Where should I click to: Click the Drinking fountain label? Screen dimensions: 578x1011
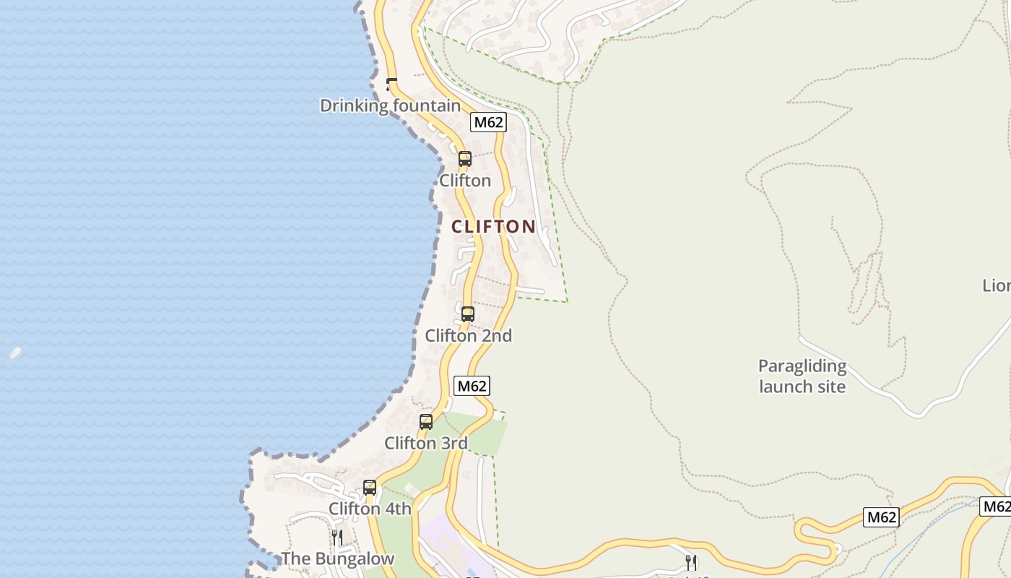click(390, 105)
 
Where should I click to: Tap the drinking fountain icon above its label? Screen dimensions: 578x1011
click(392, 84)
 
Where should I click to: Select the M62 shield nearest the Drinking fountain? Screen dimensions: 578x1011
click(487, 122)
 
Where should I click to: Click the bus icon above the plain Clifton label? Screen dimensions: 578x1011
click(465, 159)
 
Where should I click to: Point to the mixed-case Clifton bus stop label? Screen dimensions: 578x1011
click(465, 180)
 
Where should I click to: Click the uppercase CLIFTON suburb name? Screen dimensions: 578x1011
click(494, 227)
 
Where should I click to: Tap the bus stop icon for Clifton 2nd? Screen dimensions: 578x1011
click(468, 314)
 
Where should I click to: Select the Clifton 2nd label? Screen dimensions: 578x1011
click(468, 335)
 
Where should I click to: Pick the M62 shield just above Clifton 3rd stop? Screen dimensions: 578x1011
click(472, 386)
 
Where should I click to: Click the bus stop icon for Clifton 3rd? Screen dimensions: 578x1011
click(426, 422)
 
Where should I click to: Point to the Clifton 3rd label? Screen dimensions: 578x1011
click(426, 443)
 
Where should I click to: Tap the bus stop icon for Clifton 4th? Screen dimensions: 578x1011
click(370, 488)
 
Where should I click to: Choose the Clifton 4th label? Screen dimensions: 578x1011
click(370, 509)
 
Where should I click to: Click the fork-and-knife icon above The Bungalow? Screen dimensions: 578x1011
click(337, 538)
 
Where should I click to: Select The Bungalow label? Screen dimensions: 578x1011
click(337, 558)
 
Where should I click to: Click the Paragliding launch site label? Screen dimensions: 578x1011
click(802, 376)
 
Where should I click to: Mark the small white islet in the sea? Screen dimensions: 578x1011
click(15, 353)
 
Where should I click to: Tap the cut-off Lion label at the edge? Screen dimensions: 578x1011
click(997, 285)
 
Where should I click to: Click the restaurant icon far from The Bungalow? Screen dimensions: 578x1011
click(691, 562)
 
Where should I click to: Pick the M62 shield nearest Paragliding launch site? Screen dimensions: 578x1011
click(881, 517)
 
